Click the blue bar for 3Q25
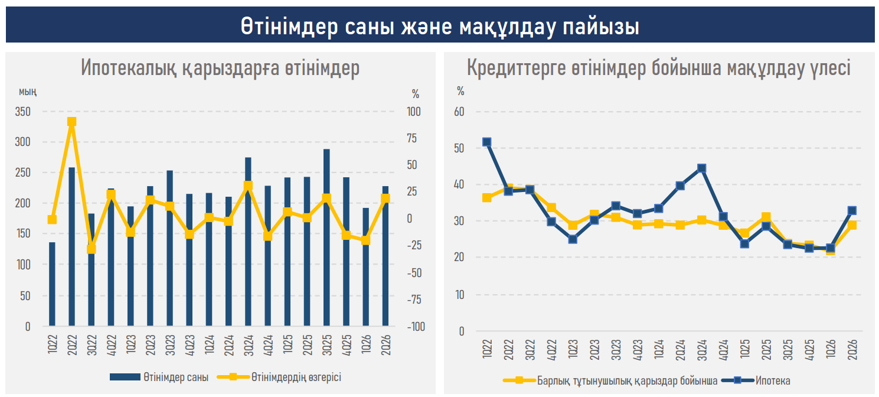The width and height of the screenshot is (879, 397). [326, 237]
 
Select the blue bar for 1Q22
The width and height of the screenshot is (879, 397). [52, 284]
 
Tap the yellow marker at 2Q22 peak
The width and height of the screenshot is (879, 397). [71, 122]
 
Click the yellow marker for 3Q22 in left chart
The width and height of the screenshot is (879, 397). [92, 249]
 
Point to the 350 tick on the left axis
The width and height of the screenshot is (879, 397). [23, 112]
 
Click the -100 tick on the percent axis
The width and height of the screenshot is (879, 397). [416, 327]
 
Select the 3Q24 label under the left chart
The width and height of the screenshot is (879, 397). [249, 345]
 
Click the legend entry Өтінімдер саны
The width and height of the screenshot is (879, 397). [159, 377]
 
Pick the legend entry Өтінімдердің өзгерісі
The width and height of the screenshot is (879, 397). [279, 377]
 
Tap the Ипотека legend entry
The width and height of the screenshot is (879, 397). [756, 380]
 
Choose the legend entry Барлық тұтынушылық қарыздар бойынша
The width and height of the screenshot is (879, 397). [610, 380]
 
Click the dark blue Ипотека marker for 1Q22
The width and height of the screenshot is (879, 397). [487, 142]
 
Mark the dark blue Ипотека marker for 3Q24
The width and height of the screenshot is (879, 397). [702, 168]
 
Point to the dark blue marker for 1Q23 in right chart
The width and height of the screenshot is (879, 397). [573, 239]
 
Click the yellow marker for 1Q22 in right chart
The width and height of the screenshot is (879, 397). [487, 197]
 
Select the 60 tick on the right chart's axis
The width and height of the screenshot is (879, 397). [459, 112]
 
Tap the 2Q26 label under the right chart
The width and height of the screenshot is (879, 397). [852, 349]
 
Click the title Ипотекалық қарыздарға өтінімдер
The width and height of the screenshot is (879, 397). [220, 67]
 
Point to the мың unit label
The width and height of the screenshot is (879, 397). [28, 92]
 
